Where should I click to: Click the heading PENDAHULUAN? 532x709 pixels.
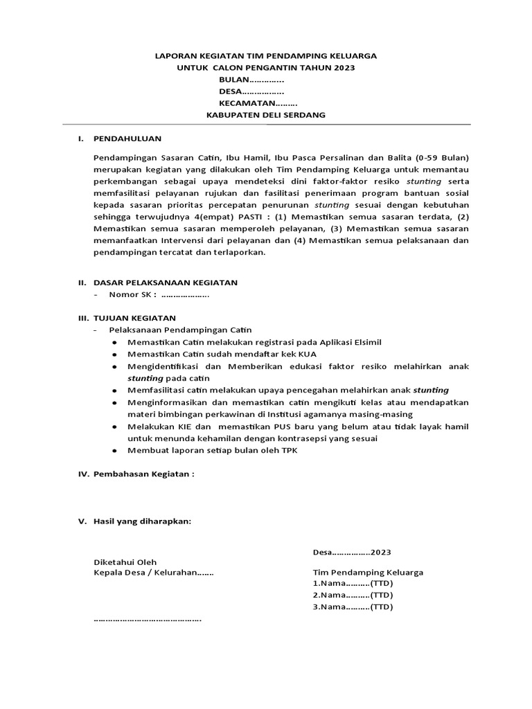click(x=127, y=139)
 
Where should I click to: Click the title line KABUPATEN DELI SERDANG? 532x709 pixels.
click(x=266, y=115)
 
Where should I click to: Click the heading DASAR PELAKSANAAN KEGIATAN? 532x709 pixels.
click(x=166, y=282)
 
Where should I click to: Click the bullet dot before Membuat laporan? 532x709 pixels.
click(x=114, y=451)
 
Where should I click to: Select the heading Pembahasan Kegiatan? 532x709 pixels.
click(x=144, y=474)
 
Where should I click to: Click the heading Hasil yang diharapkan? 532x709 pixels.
click(x=141, y=521)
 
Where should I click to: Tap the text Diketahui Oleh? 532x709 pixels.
click(x=125, y=562)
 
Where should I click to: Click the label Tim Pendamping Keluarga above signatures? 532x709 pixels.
click(x=368, y=573)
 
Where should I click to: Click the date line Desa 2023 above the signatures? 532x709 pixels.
click(x=352, y=553)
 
